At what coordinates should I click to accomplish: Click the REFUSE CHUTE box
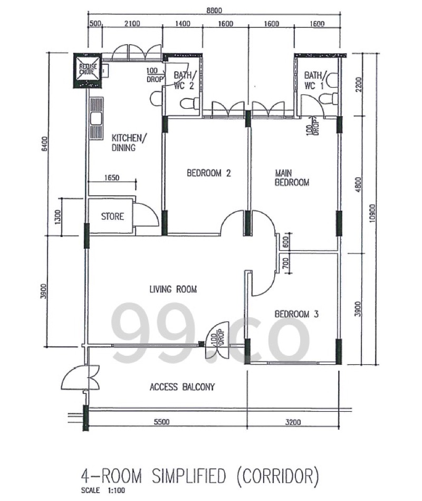(x=88, y=70)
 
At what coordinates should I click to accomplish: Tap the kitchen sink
(x=96, y=119)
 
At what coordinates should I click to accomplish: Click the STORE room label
(x=112, y=216)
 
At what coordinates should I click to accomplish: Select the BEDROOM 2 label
(x=209, y=173)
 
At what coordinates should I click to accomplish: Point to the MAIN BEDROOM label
(x=292, y=178)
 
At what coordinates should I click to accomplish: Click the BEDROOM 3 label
(x=296, y=314)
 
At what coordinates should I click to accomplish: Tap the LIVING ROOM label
(x=174, y=289)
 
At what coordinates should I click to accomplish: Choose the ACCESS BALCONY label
(x=183, y=387)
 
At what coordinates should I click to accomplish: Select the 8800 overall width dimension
(x=214, y=10)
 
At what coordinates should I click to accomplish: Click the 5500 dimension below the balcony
(x=162, y=422)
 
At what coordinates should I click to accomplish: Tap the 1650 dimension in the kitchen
(x=112, y=178)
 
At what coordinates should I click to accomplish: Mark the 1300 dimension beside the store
(x=58, y=216)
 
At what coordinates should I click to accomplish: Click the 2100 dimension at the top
(x=132, y=23)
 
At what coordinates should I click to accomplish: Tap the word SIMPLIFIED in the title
(x=189, y=476)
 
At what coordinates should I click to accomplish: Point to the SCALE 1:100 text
(x=103, y=490)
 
